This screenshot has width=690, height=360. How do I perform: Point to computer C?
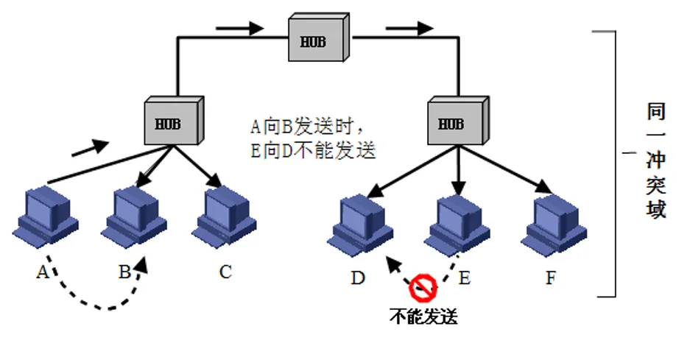click(x=225, y=216)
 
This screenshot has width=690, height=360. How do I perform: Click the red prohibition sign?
click(x=424, y=287)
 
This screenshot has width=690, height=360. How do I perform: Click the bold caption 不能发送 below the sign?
click(x=423, y=317)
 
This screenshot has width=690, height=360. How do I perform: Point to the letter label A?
click(x=42, y=272)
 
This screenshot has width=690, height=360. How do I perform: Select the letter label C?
click(x=225, y=272)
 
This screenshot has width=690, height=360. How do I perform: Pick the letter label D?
click(x=357, y=278)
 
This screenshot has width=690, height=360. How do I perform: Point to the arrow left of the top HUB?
click(x=240, y=29)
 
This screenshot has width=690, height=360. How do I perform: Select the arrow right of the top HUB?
click(x=409, y=29)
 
